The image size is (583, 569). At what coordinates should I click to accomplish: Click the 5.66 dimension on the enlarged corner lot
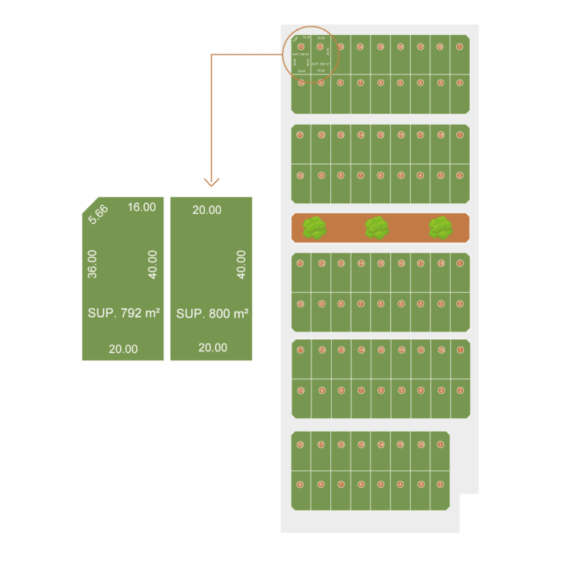click(x=98, y=214)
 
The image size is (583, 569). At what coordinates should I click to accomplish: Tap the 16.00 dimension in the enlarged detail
click(x=142, y=207)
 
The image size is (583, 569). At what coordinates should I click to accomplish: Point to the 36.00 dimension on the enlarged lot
click(x=93, y=264)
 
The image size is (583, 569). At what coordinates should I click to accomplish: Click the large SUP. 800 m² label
click(x=213, y=313)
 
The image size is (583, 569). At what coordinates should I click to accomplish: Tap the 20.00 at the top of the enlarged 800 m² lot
click(x=206, y=210)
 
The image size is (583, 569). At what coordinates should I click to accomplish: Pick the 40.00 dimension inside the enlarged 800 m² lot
click(x=241, y=264)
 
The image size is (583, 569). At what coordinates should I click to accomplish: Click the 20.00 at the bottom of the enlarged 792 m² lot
click(x=123, y=349)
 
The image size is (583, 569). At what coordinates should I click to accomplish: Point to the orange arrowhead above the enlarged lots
click(x=213, y=182)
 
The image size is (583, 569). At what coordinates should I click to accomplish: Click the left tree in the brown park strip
click(x=314, y=228)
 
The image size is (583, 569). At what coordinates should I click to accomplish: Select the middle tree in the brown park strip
click(x=377, y=228)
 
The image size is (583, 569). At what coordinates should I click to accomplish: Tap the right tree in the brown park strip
click(x=440, y=228)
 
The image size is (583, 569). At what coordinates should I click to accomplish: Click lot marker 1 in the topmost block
click(x=459, y=46)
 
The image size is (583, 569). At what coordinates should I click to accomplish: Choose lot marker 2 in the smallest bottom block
click(x=440, y=484)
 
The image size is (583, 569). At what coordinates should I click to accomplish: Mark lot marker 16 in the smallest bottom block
click(x=421, y=445)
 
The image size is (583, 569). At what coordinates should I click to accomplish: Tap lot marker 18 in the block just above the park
click(x=440, y=135)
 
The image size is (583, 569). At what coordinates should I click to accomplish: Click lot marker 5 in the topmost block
click(x=400, y=82)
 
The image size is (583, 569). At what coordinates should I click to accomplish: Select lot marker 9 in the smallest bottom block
click(x=301, y=484)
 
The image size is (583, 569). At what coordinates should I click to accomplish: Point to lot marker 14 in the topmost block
click(x=361, y=46)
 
